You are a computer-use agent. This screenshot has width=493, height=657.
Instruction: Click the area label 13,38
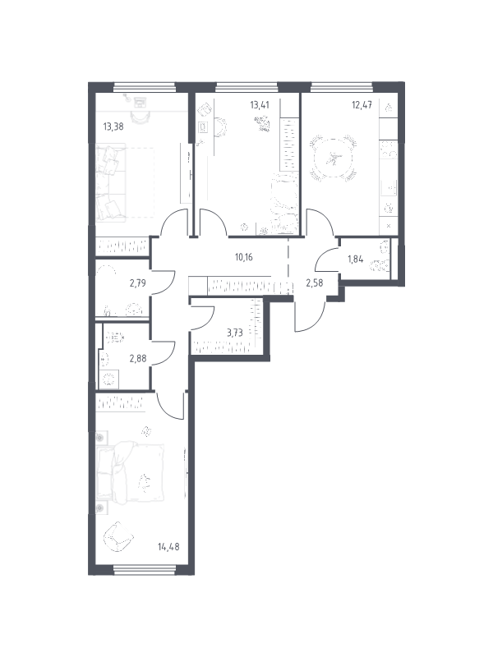[x=113, y=126]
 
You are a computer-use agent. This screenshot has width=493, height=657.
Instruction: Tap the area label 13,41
[x=260, y=104]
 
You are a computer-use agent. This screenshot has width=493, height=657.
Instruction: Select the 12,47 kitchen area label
[x=362, y=104]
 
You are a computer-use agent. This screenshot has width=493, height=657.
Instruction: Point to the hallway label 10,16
[x=243, y=257]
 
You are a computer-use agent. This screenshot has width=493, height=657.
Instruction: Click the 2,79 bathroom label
[x=137, y=283]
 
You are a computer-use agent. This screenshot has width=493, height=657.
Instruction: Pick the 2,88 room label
[x=138, y=359]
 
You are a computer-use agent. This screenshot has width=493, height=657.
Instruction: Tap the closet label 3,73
[x=235, y=333]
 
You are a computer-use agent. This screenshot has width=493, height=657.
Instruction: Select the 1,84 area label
[x=355, y=259]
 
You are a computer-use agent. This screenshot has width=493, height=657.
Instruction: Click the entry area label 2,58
[x=315, y=283]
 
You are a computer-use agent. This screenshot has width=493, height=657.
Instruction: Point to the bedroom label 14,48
[x=168, y=546]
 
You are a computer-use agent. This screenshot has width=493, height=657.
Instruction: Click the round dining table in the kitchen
[x=334, y=159]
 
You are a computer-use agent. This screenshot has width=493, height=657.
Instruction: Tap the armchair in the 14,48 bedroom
[x=118, y=536]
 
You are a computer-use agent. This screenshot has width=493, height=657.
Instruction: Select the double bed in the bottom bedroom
[x=130, y=474]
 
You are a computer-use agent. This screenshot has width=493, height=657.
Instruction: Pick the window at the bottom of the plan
[x=145, y=569]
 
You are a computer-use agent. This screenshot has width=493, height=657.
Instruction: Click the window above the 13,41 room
[x=247, y=87]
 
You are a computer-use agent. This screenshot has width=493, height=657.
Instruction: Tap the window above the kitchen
[x=342, y=87]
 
